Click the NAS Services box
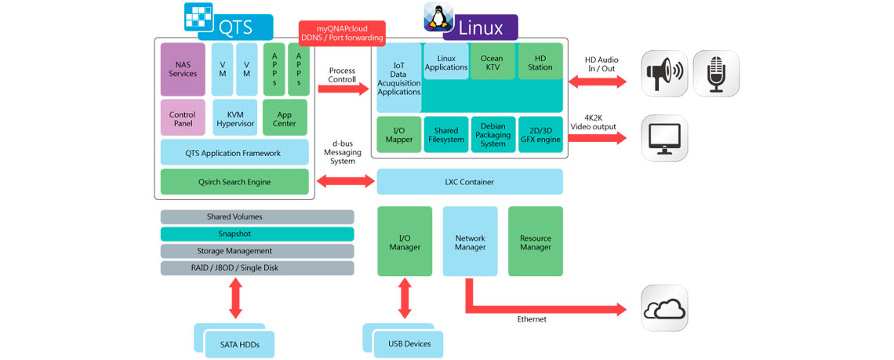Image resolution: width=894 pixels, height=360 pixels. pos(183,68)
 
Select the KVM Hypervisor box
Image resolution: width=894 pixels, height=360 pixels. pos(230,118)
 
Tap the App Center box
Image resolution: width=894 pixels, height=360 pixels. pos(285,118)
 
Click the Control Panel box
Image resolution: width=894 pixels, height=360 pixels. pos(183,118)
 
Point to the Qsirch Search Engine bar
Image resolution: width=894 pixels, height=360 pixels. pos(234,182)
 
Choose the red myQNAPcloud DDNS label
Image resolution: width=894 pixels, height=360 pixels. pos(342,33)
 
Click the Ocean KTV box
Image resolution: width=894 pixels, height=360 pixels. pos(492,62)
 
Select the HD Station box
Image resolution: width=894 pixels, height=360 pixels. pos(540,62)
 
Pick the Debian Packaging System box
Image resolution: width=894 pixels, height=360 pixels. pos(493,134)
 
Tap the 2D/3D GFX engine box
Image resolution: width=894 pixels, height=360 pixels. pos(540,134)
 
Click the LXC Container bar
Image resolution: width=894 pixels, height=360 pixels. pos(470,182)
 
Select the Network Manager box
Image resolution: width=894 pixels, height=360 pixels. pos(470,242)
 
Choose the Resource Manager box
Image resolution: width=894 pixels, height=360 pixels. pos(536,242)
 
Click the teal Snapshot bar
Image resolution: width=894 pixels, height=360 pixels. pos(257,234)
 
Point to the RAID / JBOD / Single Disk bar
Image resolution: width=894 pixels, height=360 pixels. pos(257,268)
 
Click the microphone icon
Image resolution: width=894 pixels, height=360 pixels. pos(715,74)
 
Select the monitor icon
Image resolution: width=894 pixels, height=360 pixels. pos(664,139)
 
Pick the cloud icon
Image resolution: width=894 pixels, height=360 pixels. pos(664,309)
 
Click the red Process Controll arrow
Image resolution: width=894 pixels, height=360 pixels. pos(343,89)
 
